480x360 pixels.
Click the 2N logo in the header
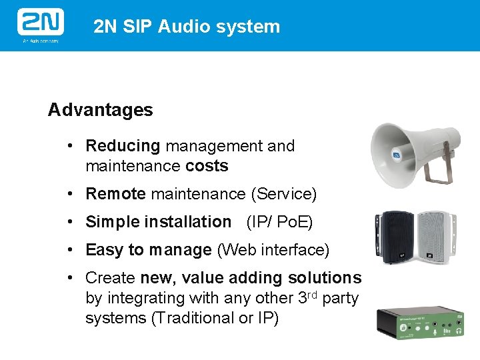click(40, 23)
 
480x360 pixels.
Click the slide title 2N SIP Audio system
click(187, 27)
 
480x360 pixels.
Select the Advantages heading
click(101, 110)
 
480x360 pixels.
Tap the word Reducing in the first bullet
click(123, 146)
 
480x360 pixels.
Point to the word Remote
click(115, 194)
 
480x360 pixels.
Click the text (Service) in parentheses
click(283, 194)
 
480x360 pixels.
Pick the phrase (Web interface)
click(273, 250)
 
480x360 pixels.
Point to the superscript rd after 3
click(312, 295)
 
